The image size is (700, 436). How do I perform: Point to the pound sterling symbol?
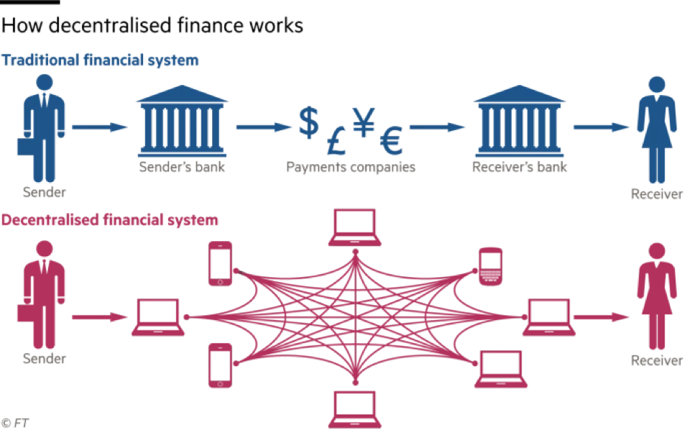pyautogui.click(x=336, y=140)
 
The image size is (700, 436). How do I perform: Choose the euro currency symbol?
pyautogui.click(x=392, y=140)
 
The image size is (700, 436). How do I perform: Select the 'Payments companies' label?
pyautogui.click(x=351, y=168)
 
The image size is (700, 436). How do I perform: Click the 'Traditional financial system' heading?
pyautogui.click(x=100, y=60)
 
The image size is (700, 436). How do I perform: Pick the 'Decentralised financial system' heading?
pyautogui.click(x=109, y=220)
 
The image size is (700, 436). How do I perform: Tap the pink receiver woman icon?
pyautogui.click(x=655, y=295)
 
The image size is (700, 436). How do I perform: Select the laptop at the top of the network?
pyautogui.click(x=354, y=227)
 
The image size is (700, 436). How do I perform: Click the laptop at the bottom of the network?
pyautogui.click(x=354, y=409)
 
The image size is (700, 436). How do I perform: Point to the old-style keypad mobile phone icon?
pyautogui.click(x=490, y=266)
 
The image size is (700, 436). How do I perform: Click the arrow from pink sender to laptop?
pyautogui.click(x=100, y=317)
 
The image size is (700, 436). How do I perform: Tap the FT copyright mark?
pyautogui.click(x=15, y=422)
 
